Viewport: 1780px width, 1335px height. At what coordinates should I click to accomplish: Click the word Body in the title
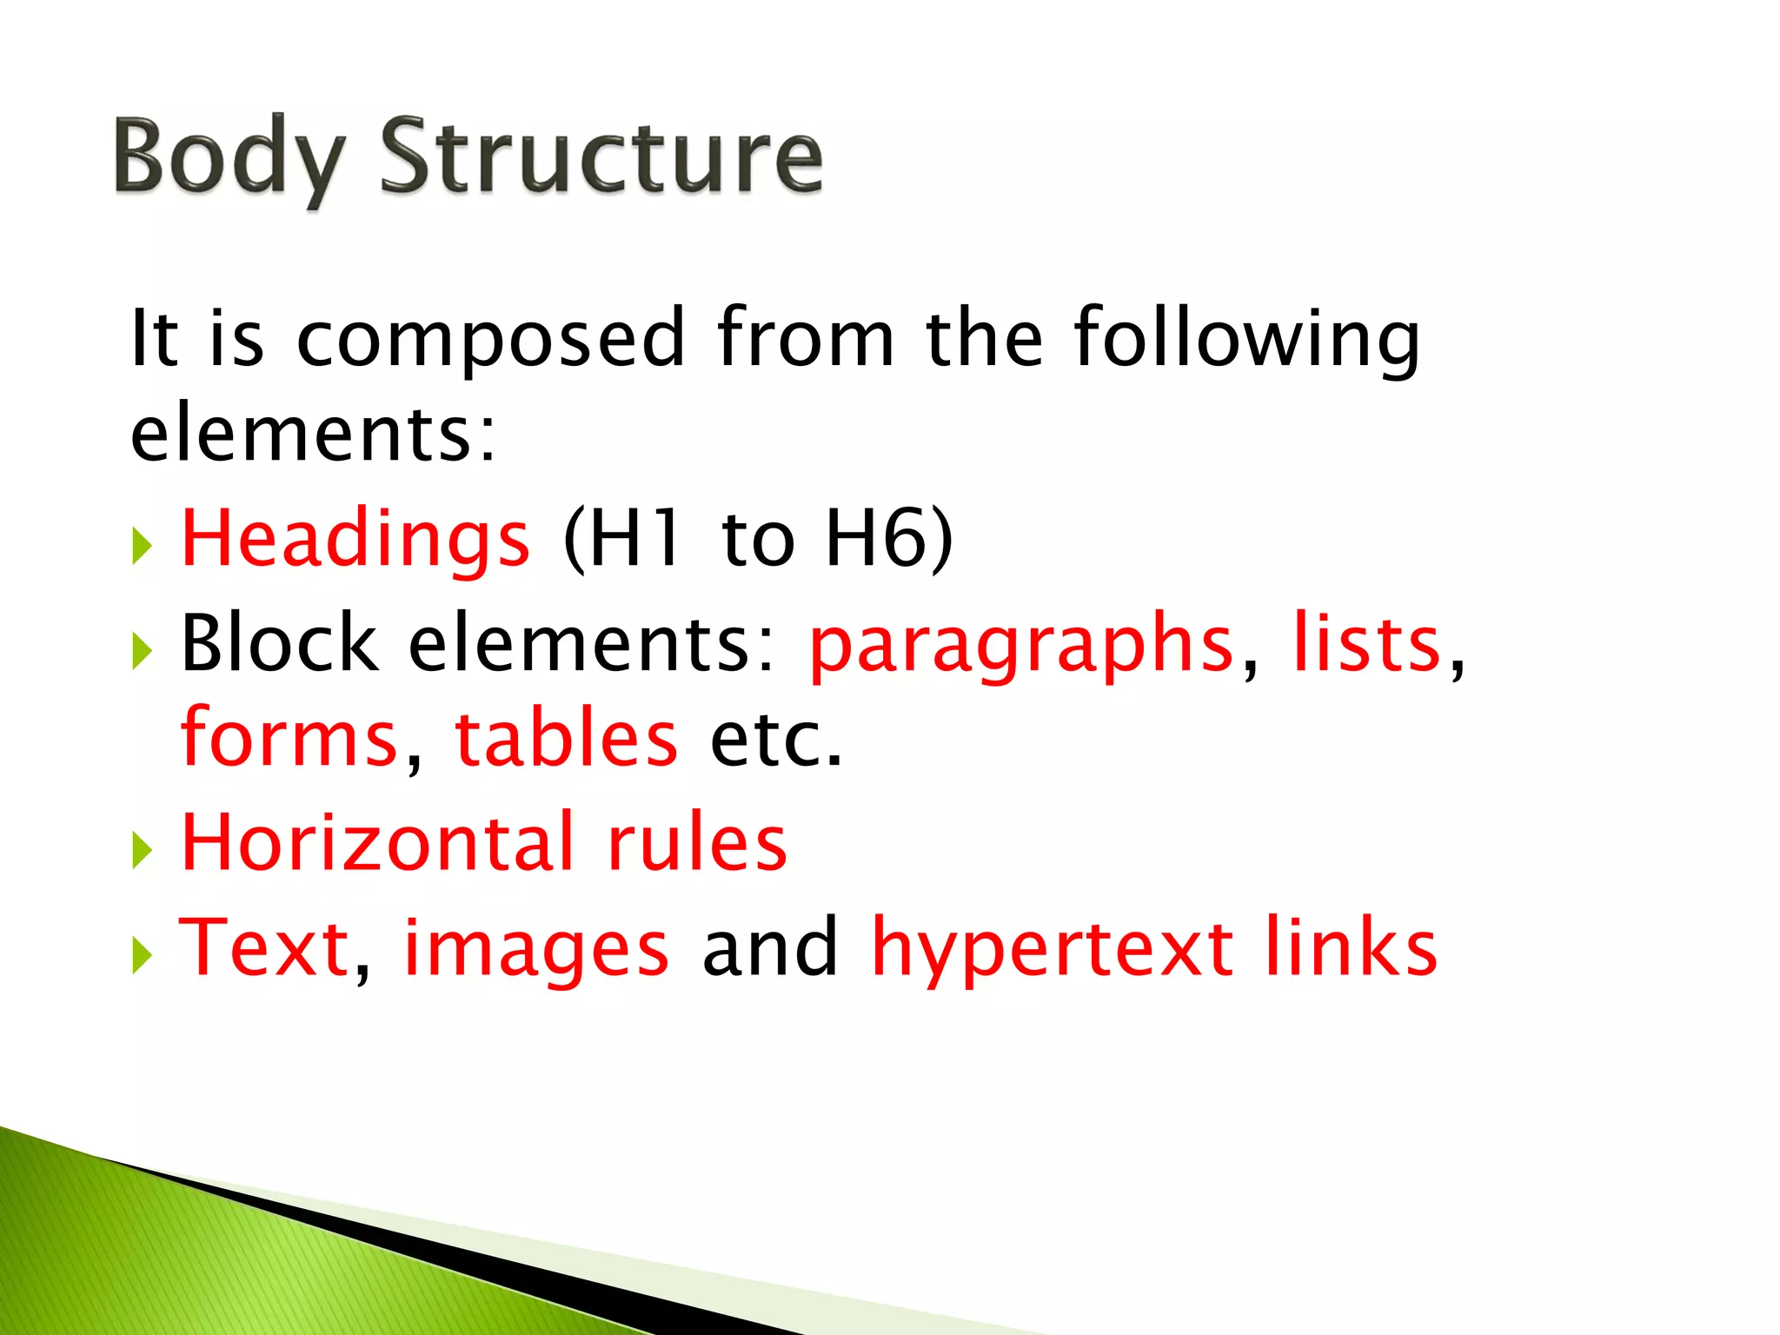[x=228, y=158]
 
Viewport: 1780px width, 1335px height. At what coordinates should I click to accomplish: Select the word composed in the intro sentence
[x=491, y=339]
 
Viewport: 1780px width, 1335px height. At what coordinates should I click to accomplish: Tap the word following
[x=1246, y=339]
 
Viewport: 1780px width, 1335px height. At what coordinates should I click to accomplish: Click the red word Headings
[x=355, y=539]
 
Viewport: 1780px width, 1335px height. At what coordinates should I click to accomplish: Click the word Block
[x=278, y=643]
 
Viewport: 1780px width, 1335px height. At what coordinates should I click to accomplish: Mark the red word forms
[x=289, y=739]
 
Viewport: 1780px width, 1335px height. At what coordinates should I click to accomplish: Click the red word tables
[x=566, y=739]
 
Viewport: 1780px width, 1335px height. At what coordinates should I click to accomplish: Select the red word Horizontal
[x=378, y=842]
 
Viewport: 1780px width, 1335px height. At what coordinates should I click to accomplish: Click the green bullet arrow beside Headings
[x=143, y=547]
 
